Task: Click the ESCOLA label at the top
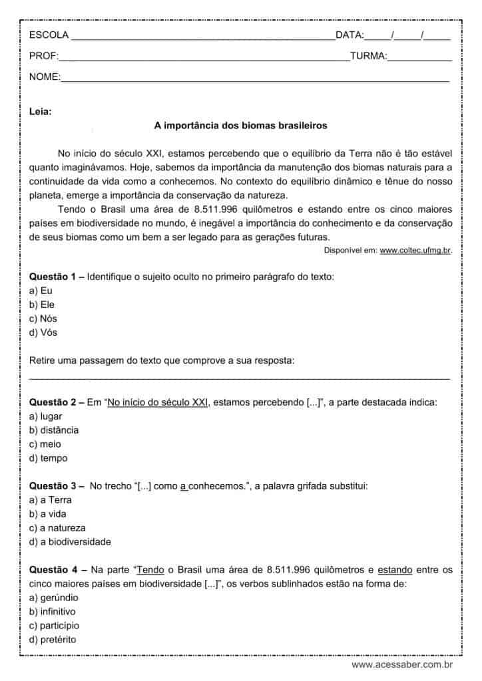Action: pos(49,35)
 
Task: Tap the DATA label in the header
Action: pos(350,35)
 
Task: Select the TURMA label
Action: pos(368,57)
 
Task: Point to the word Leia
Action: pos(41,111)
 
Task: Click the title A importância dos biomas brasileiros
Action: pos(240,124)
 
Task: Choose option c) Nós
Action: pos(43,319)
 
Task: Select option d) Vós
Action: pos(43,333)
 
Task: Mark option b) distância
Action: pos(54,430)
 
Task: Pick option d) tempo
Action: pos(49,458)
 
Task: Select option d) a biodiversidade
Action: pos(70,541)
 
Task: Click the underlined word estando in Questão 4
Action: pos(395,570)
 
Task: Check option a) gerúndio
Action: pos(54,597)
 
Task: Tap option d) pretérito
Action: pos(53,639)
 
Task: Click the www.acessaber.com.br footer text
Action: pos(403,664)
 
